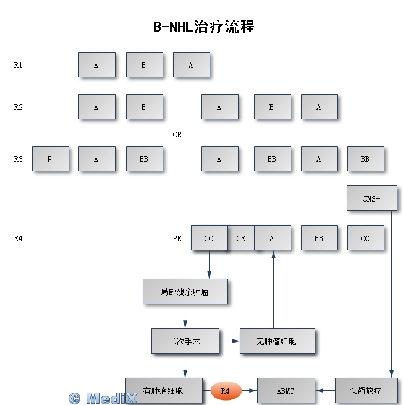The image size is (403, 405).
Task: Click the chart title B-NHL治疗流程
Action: coord(204,27)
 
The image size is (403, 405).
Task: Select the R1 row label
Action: coord(18,66)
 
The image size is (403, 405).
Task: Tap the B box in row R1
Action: coord(144,64)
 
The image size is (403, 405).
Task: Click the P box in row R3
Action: coord(51,158)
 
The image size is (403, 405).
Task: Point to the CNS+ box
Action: coord(372,198)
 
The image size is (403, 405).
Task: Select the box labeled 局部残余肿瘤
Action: coord(185,292)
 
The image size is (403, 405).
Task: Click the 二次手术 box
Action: coord(185,341)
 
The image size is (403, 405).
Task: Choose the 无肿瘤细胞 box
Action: coord(278,341)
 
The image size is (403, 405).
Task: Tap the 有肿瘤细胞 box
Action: coord(164,391)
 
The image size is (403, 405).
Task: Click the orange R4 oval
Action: coord(226,391)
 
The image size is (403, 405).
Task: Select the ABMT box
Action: coord(286,391)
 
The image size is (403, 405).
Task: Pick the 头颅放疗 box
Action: coord(367,391)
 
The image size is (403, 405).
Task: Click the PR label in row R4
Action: coord(177,239)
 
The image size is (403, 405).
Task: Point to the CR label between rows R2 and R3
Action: coord(177,135)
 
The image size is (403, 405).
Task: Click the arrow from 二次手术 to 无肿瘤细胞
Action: coord(229,341)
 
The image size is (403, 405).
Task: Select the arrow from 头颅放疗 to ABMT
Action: coord(325,391)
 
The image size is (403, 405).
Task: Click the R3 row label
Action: coord(18,160)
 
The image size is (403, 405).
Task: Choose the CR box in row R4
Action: coord(241,237)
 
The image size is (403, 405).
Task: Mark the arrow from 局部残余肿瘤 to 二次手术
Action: coord(185,316)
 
